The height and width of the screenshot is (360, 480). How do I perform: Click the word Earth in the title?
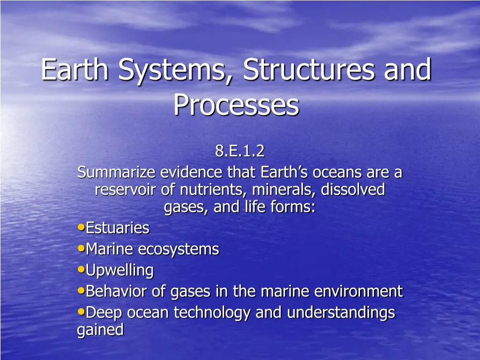pos(75,70)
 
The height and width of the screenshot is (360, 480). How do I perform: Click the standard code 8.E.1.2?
pos(240,151)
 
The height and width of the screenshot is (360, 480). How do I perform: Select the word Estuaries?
pos(118,228)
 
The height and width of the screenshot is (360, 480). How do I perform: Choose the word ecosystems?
pos(178,249)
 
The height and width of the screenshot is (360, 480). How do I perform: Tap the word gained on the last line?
pos(100,330)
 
